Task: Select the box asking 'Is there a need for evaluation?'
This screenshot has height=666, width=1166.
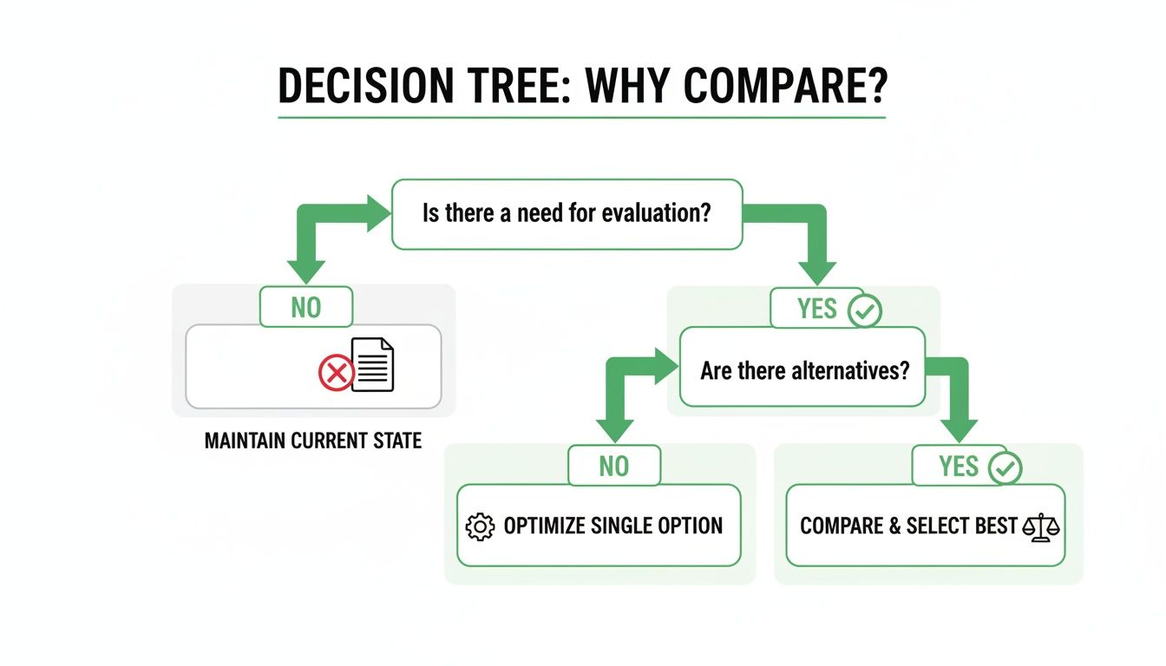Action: point(567,213)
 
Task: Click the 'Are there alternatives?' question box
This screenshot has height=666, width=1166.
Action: point(804,371)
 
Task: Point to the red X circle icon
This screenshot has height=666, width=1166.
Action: point(336,375)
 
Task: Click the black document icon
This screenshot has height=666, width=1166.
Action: point(374,364)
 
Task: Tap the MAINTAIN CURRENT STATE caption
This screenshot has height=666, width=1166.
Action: point(313,441)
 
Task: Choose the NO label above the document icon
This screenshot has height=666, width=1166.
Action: point(306,307)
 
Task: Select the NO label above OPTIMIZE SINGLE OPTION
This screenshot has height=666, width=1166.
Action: point(613,466)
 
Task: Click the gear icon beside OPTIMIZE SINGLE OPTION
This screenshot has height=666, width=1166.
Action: point(480,526)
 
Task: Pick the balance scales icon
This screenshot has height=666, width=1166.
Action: point(1041,527)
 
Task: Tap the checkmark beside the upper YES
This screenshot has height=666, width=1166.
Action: point(864,310)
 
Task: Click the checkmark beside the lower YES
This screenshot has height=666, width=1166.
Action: point(1005,468)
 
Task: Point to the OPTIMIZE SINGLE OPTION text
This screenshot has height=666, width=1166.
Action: point(612,526)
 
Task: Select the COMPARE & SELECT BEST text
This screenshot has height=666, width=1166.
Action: point(908,526)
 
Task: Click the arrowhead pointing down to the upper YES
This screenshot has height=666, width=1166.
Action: point(816,271)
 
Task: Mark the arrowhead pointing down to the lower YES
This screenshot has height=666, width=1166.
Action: point(959,428)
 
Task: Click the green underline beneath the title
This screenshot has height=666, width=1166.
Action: point(581,117)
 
